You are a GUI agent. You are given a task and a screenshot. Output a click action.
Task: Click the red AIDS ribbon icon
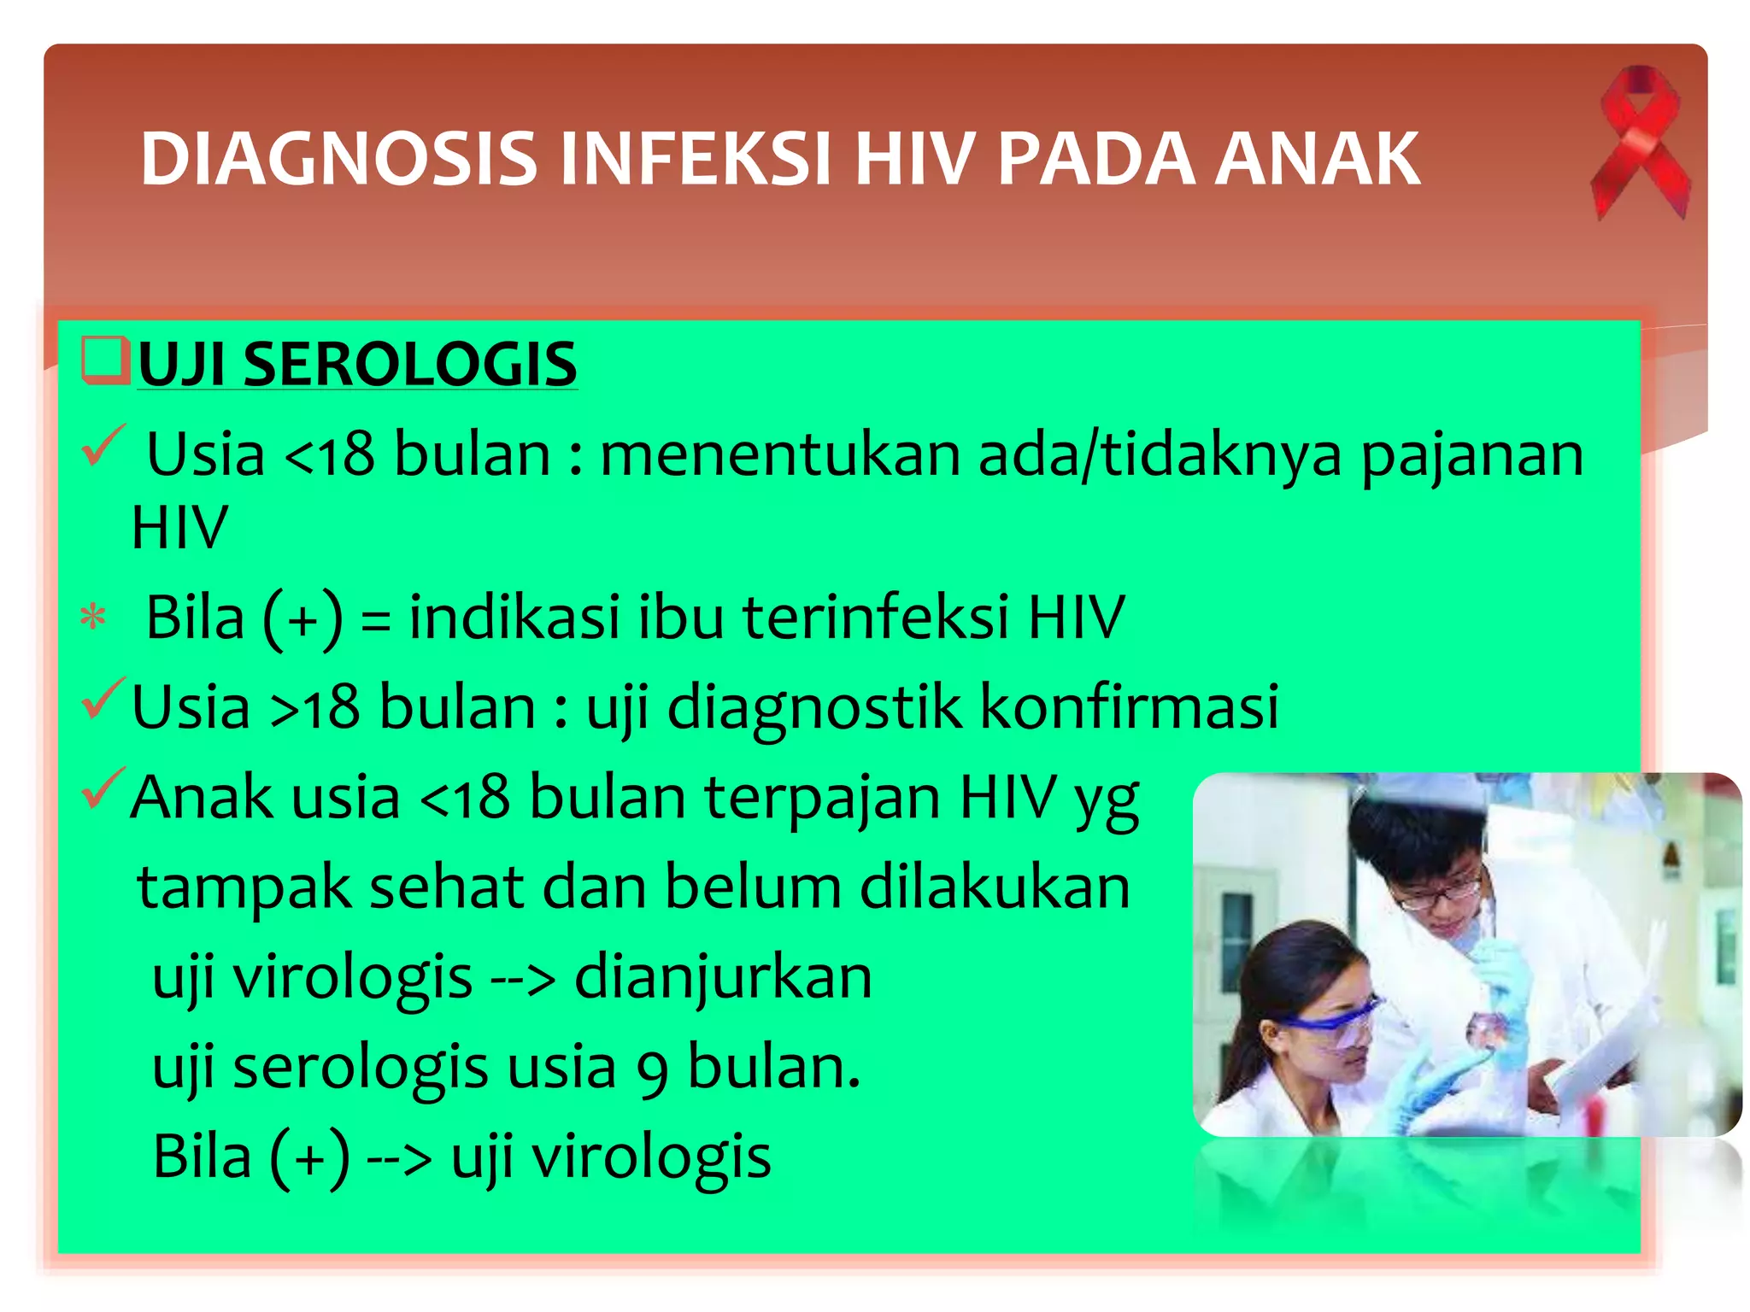tap(1639, 141)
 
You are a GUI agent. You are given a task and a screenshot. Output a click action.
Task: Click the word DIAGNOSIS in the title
tap(338, 159)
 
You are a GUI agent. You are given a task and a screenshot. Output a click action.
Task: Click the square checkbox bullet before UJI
tap(104, 360)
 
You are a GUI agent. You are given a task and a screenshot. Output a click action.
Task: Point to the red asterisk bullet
tap(93, 618)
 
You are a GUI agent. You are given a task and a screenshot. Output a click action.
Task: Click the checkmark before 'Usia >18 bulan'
tap(103, 698)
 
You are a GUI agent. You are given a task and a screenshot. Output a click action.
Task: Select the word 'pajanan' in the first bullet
tap(1471, 455)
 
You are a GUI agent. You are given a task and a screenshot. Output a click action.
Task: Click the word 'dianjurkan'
tap(723, 978)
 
